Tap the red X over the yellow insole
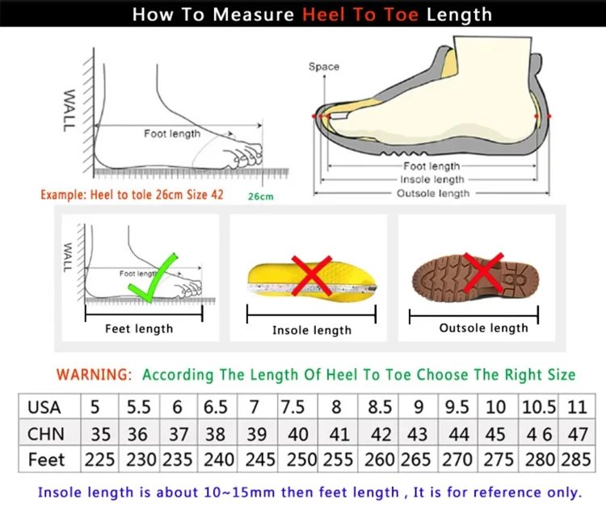[311, 276]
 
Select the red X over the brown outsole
[484, 272]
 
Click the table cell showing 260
[379, 460]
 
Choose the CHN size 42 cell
[379, 434]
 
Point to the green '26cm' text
[259, 196]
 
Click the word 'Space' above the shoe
[323, 66]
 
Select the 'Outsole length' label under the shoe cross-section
[432, 194]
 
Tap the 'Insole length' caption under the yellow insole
[311, 329]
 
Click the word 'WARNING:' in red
[94, 375]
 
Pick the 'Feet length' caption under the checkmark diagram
[139, 329]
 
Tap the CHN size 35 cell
[100, 434]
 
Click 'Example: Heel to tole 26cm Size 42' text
[131, 195]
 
